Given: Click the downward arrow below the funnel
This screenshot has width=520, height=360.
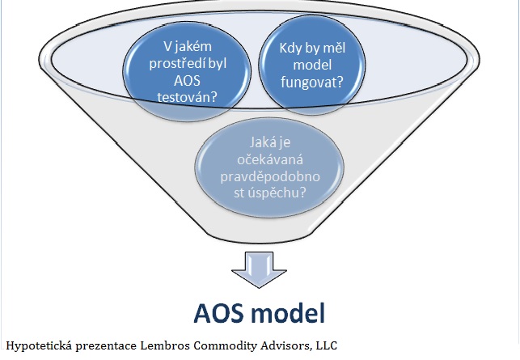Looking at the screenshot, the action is pos(259,269).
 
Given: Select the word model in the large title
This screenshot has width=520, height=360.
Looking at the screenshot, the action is pos(288,313).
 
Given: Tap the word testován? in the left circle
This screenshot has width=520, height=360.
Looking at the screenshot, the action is pos(187,97).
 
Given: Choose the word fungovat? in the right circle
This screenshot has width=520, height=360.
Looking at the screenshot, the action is pos(311,82).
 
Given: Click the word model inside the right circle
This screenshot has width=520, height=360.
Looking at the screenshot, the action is pos(312,65).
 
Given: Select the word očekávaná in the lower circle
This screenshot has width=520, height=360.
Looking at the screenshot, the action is pos(270,159).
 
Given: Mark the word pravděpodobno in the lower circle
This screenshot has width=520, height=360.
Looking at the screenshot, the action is pos(270,176).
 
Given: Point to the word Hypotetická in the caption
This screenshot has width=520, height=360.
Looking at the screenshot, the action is pos(39,345).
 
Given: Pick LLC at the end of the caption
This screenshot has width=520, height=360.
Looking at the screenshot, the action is pos(327,345).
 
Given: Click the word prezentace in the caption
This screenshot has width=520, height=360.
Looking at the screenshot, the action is pos(106,346).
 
